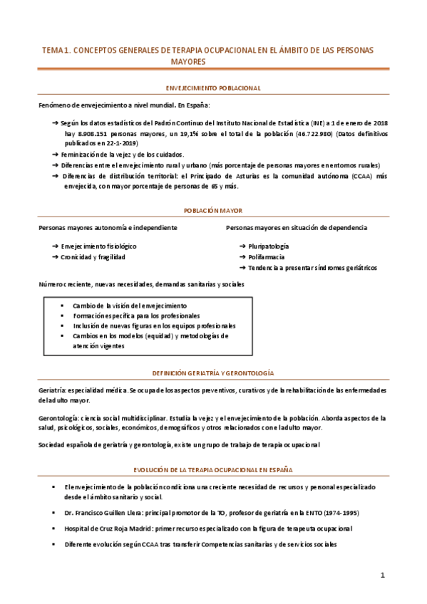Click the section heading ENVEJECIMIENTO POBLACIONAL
tap(213, 88)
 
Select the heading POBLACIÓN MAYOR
tap(213, 211)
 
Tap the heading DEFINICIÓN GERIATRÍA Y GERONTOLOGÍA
tap(213, 373)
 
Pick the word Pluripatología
tap(269, 246)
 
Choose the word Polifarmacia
tap(267, 256)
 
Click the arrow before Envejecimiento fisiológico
tap(56, 246)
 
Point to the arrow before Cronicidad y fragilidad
tap(56, 256)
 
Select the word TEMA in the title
tap(53, 51)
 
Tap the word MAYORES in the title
tap(188, 62)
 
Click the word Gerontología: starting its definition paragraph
tap(58, 418)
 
